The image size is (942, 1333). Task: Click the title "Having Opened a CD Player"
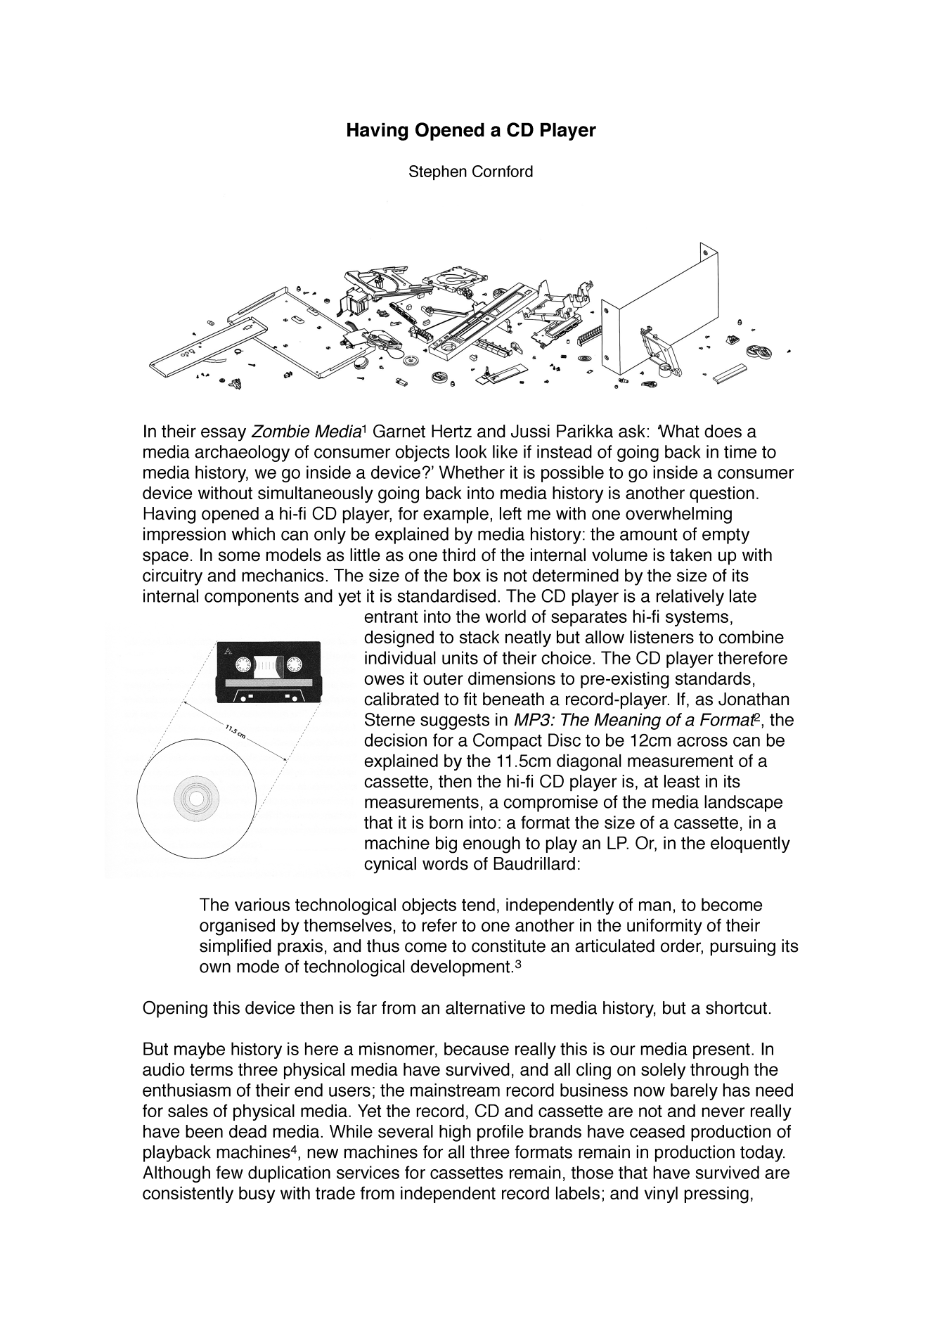(470, 131)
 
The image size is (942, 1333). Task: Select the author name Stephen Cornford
(470, 172)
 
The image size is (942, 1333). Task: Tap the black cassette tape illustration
(268, 672)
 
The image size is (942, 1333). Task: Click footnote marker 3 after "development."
(518, 963)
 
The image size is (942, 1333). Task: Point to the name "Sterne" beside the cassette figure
(388, 721)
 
